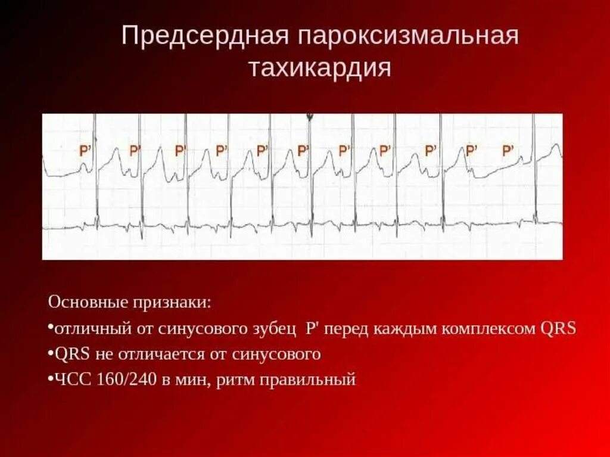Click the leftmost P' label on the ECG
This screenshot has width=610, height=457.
tap(85, 151)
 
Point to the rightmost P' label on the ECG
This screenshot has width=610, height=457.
tap(508, 151)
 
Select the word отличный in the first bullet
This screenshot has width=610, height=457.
tap(86, 328)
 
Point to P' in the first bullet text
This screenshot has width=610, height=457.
tap(314, 328)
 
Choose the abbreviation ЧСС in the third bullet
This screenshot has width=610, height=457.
tap(70, 379)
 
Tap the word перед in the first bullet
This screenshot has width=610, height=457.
tap(352, 328)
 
